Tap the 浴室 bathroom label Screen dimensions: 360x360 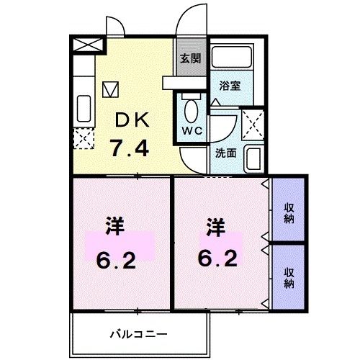point(230,85)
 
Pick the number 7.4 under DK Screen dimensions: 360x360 point(130,148)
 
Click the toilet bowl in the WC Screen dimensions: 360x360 point(192,111)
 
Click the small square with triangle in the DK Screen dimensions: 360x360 point(109,89)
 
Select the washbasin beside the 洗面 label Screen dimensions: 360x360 point(253,158)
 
